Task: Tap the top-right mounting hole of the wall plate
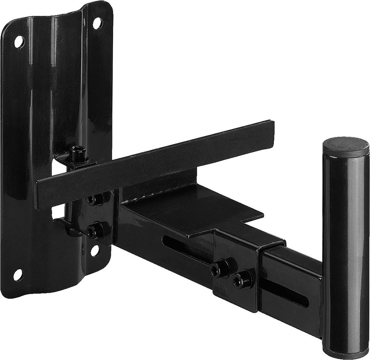coord(97,23)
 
